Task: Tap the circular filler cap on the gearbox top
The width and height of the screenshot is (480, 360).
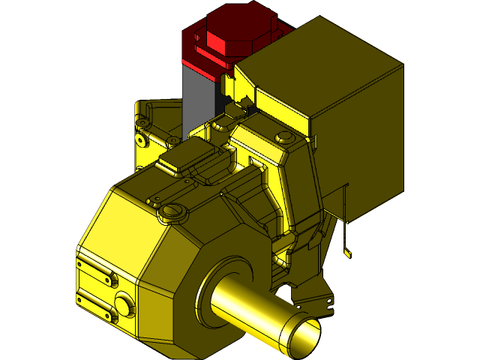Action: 172,212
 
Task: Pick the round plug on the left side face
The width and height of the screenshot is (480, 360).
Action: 124,304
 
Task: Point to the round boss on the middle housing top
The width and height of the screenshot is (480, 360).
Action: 283,137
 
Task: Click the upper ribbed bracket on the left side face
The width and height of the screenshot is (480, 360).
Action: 97,266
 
